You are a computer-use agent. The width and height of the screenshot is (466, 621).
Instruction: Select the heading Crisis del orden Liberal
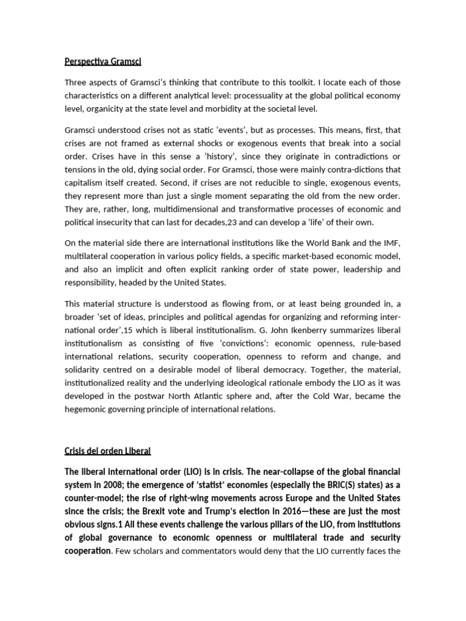pyautogui.click(x=107, y=451)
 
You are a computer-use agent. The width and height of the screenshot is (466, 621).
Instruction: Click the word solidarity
pyautogui.click(x=84, y=369)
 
